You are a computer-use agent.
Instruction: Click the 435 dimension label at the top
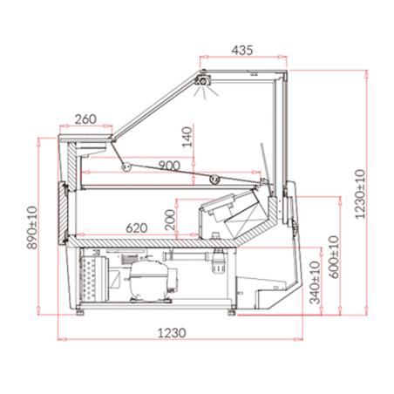coord(242,50)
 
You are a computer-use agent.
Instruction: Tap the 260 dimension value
coord(85,119)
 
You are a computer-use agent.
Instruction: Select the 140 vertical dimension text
coord(187,137)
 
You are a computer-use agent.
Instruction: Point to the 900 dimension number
coord(169,166)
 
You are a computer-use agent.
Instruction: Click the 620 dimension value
coord(137,228)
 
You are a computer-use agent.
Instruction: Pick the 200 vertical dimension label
coord(170,220)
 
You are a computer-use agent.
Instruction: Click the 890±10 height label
coord(32,228)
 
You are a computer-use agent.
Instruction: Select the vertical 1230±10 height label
coord(360,194)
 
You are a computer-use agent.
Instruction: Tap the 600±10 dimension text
coord(334,257)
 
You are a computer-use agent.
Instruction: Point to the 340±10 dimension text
coord(315,282)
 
